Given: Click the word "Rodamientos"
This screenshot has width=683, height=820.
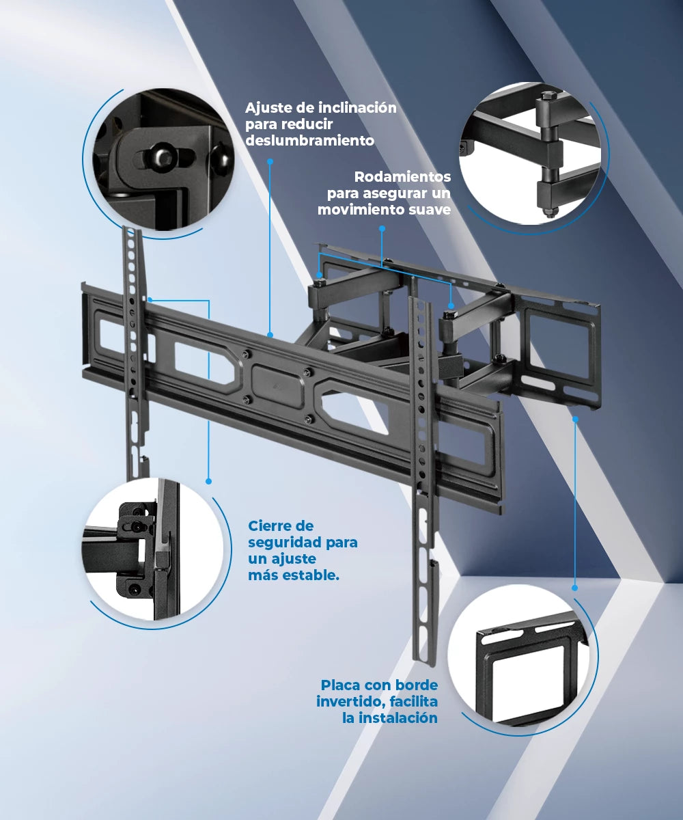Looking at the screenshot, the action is pos(402,177).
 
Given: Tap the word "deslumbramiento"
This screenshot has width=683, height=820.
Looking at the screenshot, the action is pos(309,141).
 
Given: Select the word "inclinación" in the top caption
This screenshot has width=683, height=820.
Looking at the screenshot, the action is pos(357,107).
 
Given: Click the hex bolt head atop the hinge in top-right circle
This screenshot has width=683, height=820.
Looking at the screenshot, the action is pos(548,96).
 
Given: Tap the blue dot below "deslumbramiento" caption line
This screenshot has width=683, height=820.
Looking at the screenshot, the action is pos(270,161).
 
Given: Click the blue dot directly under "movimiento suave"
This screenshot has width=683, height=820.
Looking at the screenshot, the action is pos(382,228).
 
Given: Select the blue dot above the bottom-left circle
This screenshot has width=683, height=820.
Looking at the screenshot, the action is pos(208,481).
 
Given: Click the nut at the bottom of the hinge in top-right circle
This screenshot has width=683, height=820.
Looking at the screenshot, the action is pos(548,212).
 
